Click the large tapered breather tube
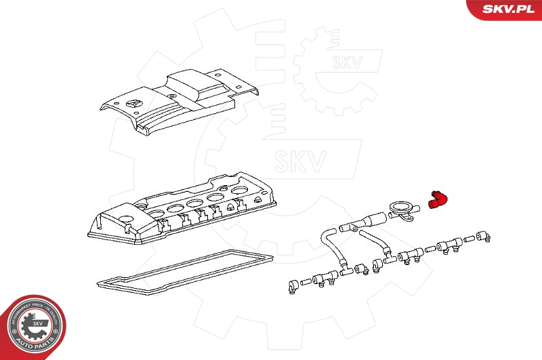[366, 222]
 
